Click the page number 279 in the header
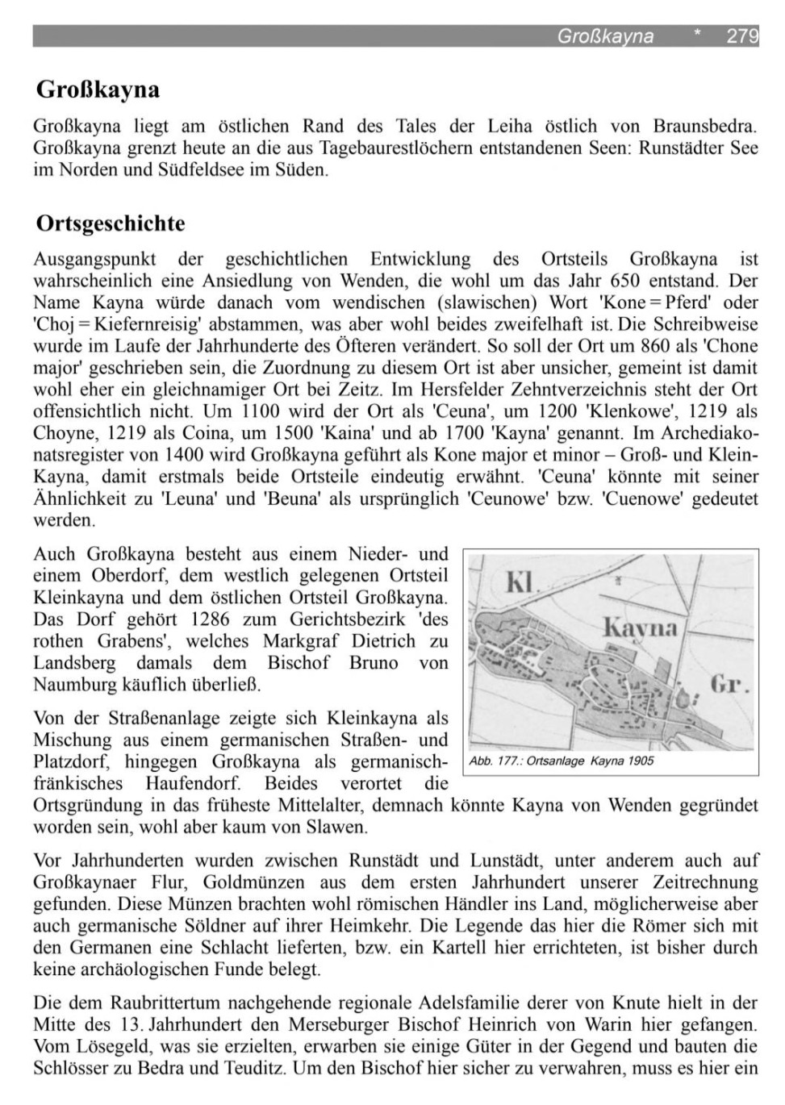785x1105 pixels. point(742,36)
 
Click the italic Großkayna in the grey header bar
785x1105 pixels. point(605,36)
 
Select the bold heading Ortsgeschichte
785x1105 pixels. point(111,223)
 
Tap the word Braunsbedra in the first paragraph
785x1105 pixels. point(705,126)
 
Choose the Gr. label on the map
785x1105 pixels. point(730,686)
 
